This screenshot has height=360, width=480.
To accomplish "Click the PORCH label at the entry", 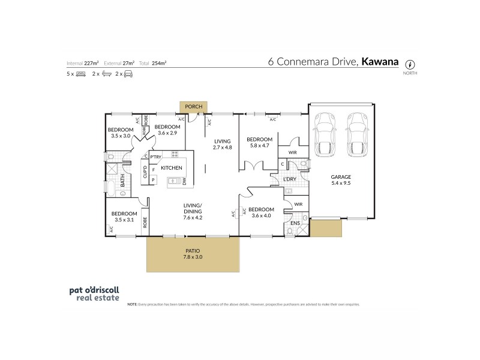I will (193, 107).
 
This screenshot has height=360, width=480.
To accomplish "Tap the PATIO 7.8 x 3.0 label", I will (193, 253).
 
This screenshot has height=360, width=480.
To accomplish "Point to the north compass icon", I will (410, 64).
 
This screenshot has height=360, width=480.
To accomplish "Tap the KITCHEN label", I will (171, 168).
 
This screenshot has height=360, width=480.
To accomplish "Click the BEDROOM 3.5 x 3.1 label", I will (122, 217).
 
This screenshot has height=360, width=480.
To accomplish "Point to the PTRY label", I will (155, 157).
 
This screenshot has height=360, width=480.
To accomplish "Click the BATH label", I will (122, 180).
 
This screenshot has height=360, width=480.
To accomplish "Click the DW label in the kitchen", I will (185, 181).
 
